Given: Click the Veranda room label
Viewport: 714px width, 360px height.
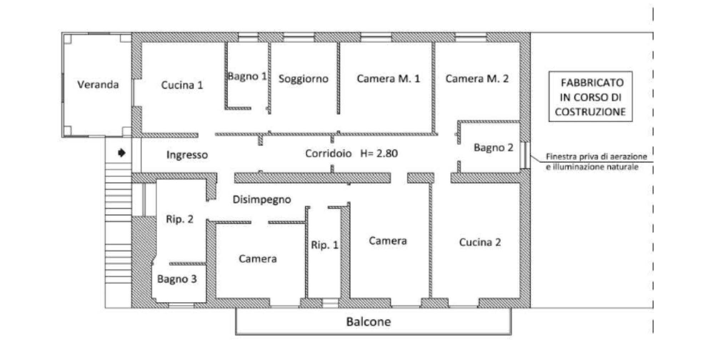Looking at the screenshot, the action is point(98,85).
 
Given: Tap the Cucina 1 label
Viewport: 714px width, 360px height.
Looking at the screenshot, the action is point(182,85).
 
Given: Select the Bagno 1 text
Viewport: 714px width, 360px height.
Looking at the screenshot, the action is point(247,76).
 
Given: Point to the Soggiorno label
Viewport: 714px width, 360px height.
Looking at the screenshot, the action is point(303,79).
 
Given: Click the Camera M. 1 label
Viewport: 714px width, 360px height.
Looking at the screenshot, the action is point(388,79).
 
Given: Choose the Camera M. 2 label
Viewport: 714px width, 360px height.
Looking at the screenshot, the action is point(477,79).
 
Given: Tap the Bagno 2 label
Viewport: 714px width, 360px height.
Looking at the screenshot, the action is point(493,147).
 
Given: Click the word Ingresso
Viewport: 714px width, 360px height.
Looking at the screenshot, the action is point(187,155).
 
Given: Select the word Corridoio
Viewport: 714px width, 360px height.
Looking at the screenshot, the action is point(328,153).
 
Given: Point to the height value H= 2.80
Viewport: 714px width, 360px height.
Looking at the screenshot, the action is point(379,153).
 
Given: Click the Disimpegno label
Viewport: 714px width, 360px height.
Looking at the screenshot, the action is point(262,200).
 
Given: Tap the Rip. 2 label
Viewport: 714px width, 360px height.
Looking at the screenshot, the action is point(180,219).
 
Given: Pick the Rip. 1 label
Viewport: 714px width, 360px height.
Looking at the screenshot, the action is point(325,245).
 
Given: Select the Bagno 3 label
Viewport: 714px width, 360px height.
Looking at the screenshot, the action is point(177,279).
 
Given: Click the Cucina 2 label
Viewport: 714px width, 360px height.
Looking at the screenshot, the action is point(480,242).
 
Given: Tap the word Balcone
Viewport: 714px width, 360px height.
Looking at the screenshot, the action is point(368,322).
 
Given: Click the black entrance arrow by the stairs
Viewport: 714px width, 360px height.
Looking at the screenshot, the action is point(122,153).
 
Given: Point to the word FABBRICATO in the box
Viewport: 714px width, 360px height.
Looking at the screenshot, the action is point(592,83).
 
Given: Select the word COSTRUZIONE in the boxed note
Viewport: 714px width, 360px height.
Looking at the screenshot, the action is point(590,112).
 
